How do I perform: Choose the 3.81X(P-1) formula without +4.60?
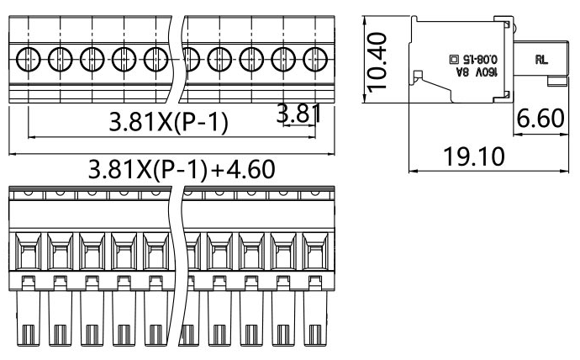168,124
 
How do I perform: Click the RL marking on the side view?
540,61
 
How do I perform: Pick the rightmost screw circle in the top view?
314,59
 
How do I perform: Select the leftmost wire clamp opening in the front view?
28,251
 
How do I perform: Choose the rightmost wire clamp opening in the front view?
315,251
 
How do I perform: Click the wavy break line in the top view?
177,59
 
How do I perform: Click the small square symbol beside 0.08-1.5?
455,61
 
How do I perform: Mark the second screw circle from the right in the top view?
282,59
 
